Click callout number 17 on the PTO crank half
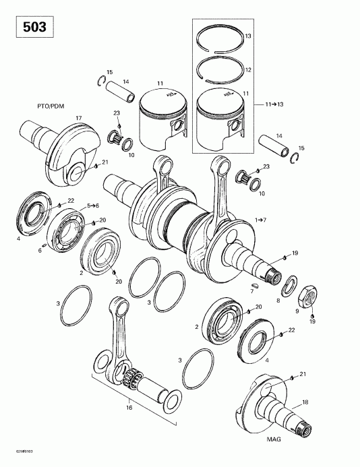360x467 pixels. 78,119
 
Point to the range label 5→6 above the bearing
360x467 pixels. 92,205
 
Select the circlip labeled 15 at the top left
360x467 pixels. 100,83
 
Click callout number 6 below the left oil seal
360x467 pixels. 40,251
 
